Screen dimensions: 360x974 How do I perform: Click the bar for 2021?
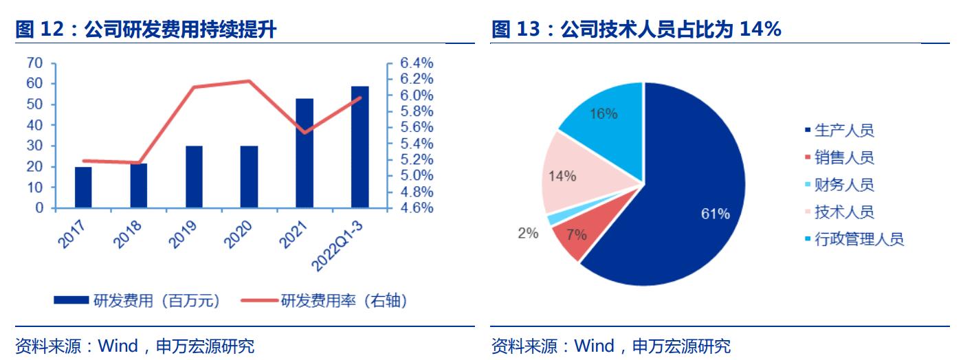[304, 153]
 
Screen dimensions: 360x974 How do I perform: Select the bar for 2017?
[83, 187]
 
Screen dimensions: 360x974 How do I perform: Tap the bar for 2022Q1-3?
[359, 147]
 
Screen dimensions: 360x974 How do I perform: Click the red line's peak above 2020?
[249, 81]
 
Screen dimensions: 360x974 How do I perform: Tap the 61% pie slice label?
[715, 214]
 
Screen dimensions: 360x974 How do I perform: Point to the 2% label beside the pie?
[527, 233]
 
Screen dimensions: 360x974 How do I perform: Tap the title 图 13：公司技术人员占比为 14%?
[636, 30]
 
